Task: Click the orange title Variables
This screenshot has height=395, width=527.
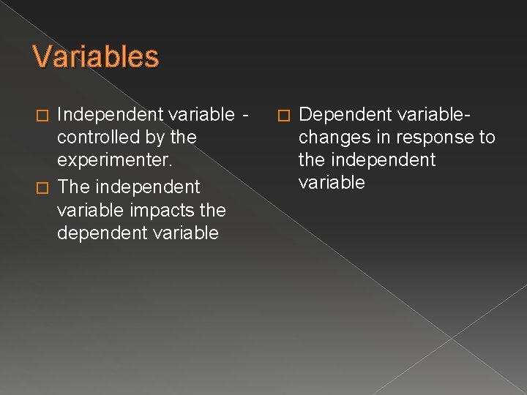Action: pos(95,57)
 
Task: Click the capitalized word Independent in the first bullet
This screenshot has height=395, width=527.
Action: pos(110,114)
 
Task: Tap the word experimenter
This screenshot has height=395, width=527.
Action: pos(109,160)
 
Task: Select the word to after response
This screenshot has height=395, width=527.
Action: pos(486,137)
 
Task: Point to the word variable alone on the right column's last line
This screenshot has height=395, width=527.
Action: pos(332,182)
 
